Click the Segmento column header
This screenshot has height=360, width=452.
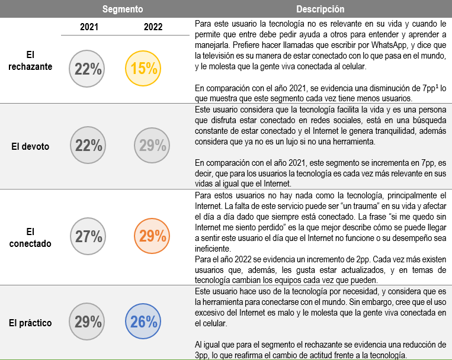(x=122, y=9)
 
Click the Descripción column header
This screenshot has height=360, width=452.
(x=320, y=9)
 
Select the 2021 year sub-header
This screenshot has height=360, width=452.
(x=89, y=27)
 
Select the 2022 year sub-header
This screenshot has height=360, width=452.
(x=153, y=27)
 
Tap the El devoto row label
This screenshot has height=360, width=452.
(x=30, y=146)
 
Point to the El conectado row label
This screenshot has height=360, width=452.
(x=30, y=237)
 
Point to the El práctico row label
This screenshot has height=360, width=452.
(x=30, y=323)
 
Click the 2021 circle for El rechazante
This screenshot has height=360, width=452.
(x=88, y=69)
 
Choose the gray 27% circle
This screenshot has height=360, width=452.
(x=88, y=237)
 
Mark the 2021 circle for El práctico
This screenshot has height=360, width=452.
(x=88, y=323)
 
